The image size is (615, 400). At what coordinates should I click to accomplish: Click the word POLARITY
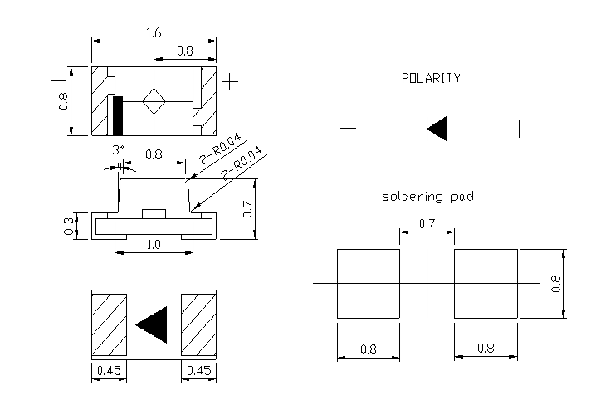tap(430, 78)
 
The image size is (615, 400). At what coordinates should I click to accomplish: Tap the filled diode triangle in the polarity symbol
tap(437, 129)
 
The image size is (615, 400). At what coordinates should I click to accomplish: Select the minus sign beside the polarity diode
tap(348, 129)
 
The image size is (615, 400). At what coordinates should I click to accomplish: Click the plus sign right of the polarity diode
tap(519, 129)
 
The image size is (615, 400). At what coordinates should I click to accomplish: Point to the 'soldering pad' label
tap(427, 197)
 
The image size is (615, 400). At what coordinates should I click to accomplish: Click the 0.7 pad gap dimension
tap(427, 224)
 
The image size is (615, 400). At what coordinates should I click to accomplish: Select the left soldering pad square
tap(369, 283)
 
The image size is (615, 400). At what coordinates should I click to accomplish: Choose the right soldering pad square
tap(485, 283)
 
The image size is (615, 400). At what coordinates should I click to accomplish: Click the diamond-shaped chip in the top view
tap(154, 102)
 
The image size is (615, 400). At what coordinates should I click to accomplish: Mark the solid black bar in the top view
tap(118, 115)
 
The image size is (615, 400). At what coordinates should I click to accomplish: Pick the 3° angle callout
tap(119, 149)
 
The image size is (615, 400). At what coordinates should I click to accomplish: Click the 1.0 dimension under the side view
tap(154, 245)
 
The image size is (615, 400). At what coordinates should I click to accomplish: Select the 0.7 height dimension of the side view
tap(247, 210)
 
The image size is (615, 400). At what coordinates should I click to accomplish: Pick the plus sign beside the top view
tap(232, 82)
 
